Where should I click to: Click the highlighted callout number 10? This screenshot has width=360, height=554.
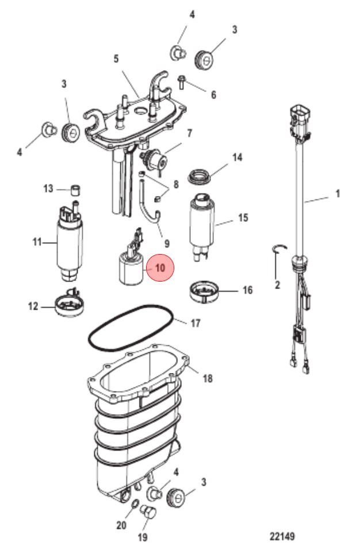(x=160, y=268)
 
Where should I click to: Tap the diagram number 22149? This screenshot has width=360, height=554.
(x=282, y=536)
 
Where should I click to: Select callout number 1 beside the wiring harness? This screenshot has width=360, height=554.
(x=338, y=194)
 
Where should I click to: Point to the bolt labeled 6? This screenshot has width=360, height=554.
(x=182, y=82)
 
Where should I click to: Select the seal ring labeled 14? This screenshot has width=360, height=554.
(x=200, y=176)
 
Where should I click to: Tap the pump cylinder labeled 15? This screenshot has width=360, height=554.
(x=202, y=226)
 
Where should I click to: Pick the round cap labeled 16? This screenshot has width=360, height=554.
(x=204, y=291)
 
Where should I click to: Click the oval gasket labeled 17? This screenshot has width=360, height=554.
(x=130, y=328)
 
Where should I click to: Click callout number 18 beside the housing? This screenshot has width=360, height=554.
(x=207, y=378)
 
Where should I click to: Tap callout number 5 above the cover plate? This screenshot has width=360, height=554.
(x=116, y=59)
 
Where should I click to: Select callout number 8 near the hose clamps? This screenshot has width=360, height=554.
(x=176, y=184)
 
